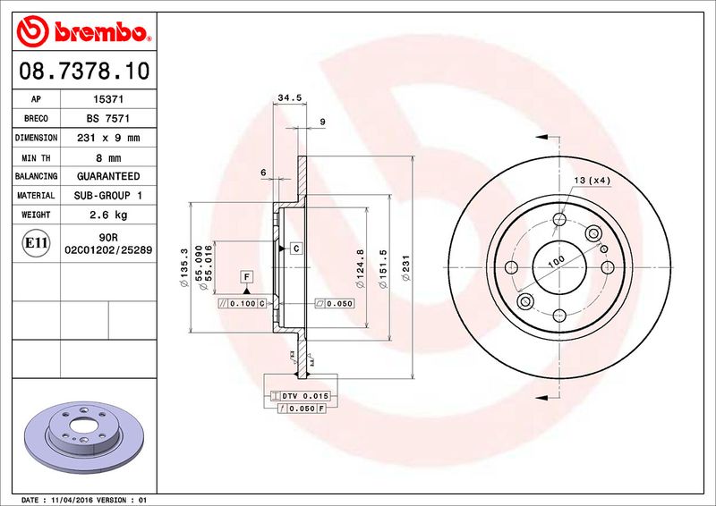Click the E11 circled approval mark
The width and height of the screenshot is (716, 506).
pos(37,242)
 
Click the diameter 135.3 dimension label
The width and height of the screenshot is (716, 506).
pos(184,267)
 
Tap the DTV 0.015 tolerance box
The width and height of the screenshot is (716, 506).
pos(301,395)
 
